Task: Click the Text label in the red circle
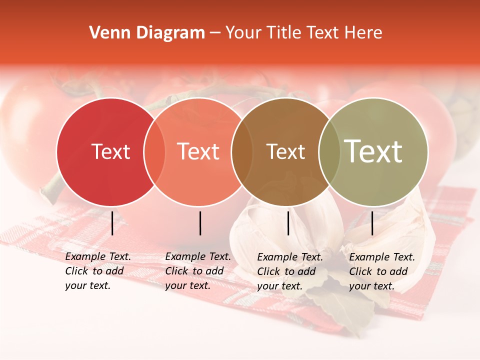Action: pos(110,151)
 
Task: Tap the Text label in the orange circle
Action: pos(198,151)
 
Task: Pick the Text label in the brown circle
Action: pos(285,151)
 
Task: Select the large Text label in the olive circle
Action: pos(373,151)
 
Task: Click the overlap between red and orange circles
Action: pos(154,151)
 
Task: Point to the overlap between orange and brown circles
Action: pos(241,151)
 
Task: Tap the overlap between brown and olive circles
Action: pos(329,151)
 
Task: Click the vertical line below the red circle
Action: pos(112,223)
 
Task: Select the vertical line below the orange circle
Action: pos(200,223)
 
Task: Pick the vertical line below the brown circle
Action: pos(288,223)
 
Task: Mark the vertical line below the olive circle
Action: pos(372,223)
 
